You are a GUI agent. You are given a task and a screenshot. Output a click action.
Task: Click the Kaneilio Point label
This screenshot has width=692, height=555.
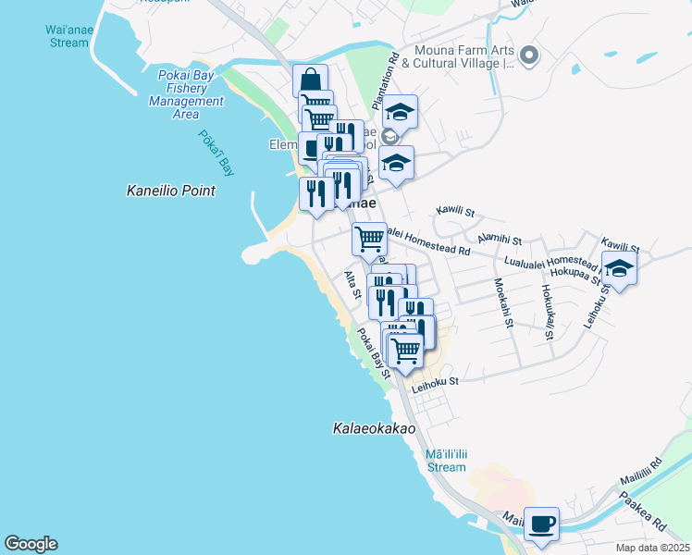pyautogui.click(x=170, y=191)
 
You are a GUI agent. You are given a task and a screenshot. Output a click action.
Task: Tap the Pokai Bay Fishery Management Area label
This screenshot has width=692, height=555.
pyautogui.click(x=186, y=94)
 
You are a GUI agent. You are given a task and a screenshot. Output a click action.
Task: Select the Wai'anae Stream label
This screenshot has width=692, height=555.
pyautogui.click(x=68, y=35)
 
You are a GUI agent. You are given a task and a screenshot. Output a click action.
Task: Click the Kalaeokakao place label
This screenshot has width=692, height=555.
pyautogui.click(x=374, y=429)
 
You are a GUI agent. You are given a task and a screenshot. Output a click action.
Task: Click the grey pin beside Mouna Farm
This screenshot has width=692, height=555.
pyautogui.click(x=529, y=56)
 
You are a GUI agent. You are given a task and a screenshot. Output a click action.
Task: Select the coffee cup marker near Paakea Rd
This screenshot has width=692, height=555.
pyautogui.click(x=541, y=524)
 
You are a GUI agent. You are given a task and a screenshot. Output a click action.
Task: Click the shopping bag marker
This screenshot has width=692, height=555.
pyautogui.click(x=310, y=80)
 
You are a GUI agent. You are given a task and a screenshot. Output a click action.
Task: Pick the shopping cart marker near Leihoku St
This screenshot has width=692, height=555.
pyautogui.click(x=405, y=350)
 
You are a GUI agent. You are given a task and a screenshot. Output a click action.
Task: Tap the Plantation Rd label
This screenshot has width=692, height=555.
pyautogui.click(x=393, y=70)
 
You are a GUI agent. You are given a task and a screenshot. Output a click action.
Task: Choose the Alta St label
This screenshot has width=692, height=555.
pyautogui.click(x=352, y=284)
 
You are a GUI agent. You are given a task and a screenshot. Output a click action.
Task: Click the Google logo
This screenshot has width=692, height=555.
pyautogui.click(x=31, y=544)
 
